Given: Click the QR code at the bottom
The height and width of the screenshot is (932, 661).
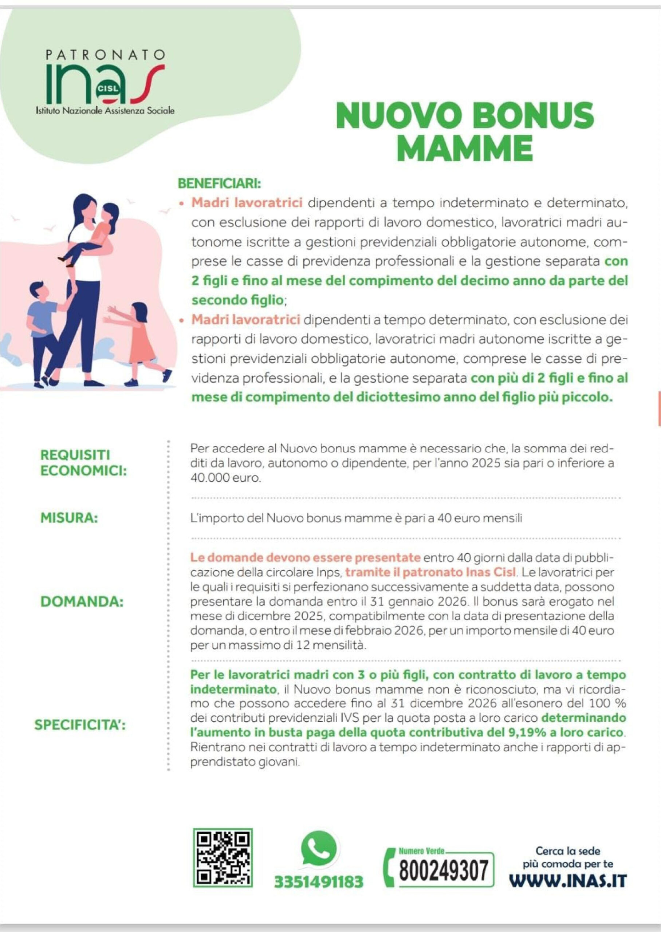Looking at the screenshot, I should click(x=223, y=858).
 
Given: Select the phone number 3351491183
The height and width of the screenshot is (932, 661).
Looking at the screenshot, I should click(x=318, y=881).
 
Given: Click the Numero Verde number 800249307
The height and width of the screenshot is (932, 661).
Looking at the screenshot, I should click(x=443, y=870).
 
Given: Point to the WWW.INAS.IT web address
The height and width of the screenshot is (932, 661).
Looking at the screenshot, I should click(x=568, y=880).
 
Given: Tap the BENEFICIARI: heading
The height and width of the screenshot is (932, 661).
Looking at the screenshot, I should click(x=219, y=184).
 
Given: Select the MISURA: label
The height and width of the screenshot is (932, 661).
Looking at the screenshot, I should click(x=69, y=518).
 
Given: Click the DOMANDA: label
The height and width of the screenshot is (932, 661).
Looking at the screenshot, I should click(x=82, y=601).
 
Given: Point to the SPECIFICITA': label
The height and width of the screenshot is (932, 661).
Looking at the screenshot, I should click(x=80, y=724).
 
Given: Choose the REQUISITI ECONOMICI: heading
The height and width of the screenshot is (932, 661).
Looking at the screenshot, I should click(x=83, y=463).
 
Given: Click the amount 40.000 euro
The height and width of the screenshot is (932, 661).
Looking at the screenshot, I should click(x=225, y=478).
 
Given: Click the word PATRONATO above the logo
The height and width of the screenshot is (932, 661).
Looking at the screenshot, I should click(x=105, y=54).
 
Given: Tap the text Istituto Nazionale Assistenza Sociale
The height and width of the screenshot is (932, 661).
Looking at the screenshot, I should click(x=105, y=110).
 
